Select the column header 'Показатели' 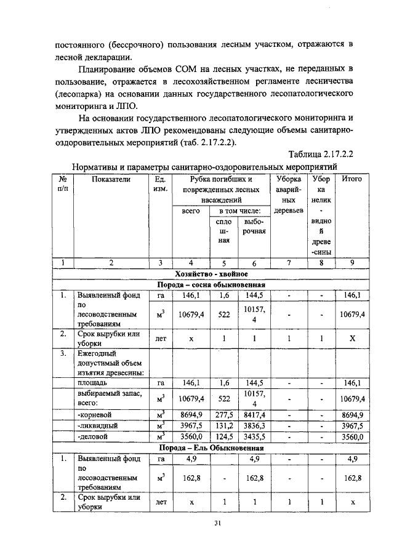click(x=111, y=179)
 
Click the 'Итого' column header click(x=352, y=179)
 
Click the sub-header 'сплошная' click(x=224, y=231)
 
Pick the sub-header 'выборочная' click(x=254, y=226)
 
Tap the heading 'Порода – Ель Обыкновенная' click(x=212, y=447)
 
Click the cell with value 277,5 click(x=224, y=414)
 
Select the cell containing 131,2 click(x=224, y=425)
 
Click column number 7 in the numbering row click(x=288, y=263)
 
